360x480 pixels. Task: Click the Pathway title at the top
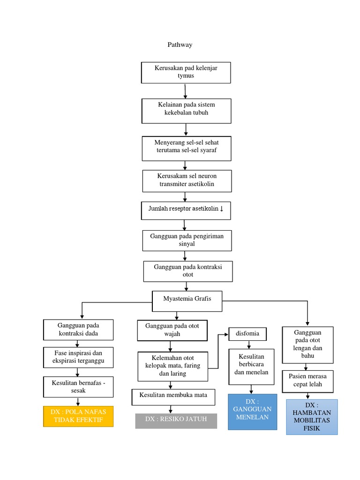coord(180,45)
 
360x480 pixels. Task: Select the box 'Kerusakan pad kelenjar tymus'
coord(186,72)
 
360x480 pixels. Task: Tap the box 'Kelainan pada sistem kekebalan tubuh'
coord(186,110)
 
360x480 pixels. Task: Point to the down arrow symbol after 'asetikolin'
coord(222,209)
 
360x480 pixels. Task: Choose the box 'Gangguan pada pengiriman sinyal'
coord(186,240)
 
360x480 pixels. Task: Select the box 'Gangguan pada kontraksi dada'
coord(78,330)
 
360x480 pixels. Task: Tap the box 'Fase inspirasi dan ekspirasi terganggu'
coord(78,357)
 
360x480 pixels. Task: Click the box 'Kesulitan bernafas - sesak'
coord(78,387)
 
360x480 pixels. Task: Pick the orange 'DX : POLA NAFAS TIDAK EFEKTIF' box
coord(78,416)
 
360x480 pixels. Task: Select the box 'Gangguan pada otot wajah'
coord(172,330)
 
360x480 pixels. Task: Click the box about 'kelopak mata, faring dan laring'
coord(172,366)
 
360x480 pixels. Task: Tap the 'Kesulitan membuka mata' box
coord(173,397)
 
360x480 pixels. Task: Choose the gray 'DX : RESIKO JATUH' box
coord(176,420)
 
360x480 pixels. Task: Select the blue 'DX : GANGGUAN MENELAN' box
coord(253,412)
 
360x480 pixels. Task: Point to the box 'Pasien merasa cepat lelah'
coord(308,381)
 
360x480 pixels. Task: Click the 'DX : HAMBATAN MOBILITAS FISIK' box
coord(311,417)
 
